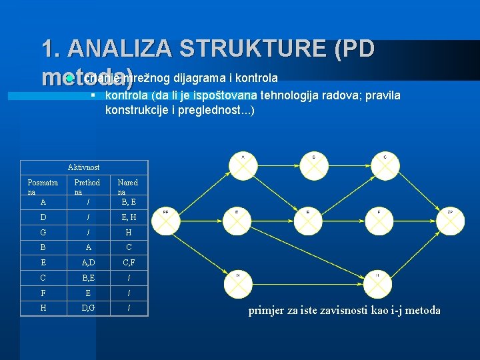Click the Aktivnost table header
pos(83,167)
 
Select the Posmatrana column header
pos(43,187)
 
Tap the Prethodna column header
pos(87,187)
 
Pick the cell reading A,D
pos(87,262)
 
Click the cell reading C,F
pos(128,262)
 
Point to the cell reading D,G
pos(87,307)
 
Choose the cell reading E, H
pos(128,217)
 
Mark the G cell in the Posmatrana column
pos(43,232)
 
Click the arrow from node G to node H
pos(307,285)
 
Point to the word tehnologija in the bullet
pos(291,95)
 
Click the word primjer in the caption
pos(266,310)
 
